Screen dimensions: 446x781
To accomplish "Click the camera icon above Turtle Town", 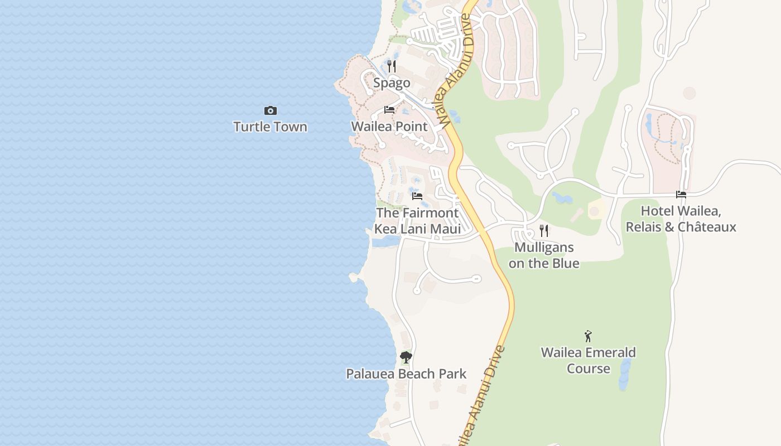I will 271,110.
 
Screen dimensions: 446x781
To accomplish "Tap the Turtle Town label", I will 271,127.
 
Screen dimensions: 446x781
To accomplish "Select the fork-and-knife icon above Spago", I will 392,66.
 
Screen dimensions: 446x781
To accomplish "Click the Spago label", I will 392,83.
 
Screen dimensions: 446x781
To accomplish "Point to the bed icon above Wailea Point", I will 389,110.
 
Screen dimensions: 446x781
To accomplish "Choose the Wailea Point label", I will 389,127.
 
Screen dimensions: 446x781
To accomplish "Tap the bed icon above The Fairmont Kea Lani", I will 417,196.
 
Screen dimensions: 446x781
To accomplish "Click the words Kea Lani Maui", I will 417,229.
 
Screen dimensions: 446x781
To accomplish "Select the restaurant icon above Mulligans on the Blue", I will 544,230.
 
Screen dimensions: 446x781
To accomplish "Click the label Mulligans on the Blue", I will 544,255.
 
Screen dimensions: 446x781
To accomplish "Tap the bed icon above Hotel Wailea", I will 681,195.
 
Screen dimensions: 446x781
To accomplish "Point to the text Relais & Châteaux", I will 681,227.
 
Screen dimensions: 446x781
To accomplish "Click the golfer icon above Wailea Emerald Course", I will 588,336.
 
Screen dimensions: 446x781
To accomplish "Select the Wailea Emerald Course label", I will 588,360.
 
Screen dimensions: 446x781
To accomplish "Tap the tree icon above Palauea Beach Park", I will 406,357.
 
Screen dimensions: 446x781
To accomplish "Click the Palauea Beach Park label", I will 406,374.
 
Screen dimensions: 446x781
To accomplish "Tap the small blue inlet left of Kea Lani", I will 385,241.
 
